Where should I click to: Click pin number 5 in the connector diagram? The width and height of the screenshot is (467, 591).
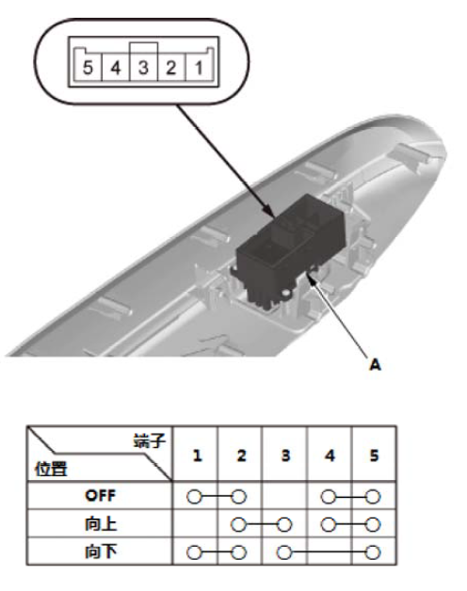[x=88, y=68]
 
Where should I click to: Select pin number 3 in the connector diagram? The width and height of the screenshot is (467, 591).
[x=143, y=68]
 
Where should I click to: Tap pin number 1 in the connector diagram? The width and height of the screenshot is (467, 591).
[x=199, y=68]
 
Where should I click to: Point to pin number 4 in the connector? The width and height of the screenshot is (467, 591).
[x=116, y=68]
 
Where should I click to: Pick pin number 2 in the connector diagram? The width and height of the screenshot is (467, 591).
[x=170, y=68]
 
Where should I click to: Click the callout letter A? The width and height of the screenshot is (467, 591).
[x=375, y=365]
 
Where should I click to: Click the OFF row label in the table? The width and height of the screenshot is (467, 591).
[x=100, y=496]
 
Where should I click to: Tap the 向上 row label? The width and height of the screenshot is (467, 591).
[x=101, y=524]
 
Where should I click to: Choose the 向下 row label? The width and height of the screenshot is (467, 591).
[x=101, y=551]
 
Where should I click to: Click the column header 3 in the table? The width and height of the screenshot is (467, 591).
[x=285, y=455]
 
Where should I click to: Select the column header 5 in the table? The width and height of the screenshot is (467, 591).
[x=374, y=455]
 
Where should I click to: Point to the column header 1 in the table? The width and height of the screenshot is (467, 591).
[x=197, y=455]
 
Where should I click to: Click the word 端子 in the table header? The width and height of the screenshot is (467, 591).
[x=150, y=440]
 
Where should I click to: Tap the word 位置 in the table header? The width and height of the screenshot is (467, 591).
[x=51, y=469]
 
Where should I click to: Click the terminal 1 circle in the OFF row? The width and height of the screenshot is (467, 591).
[x=194, y=497]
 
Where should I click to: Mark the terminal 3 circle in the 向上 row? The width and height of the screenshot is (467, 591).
[x=284, y=524]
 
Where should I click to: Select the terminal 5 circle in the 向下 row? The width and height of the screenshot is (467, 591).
[x=373, y=552]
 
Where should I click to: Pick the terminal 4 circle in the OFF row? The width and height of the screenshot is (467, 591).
[x=329, y=497]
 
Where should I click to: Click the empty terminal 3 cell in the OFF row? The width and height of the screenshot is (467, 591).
[x=284, y=496]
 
